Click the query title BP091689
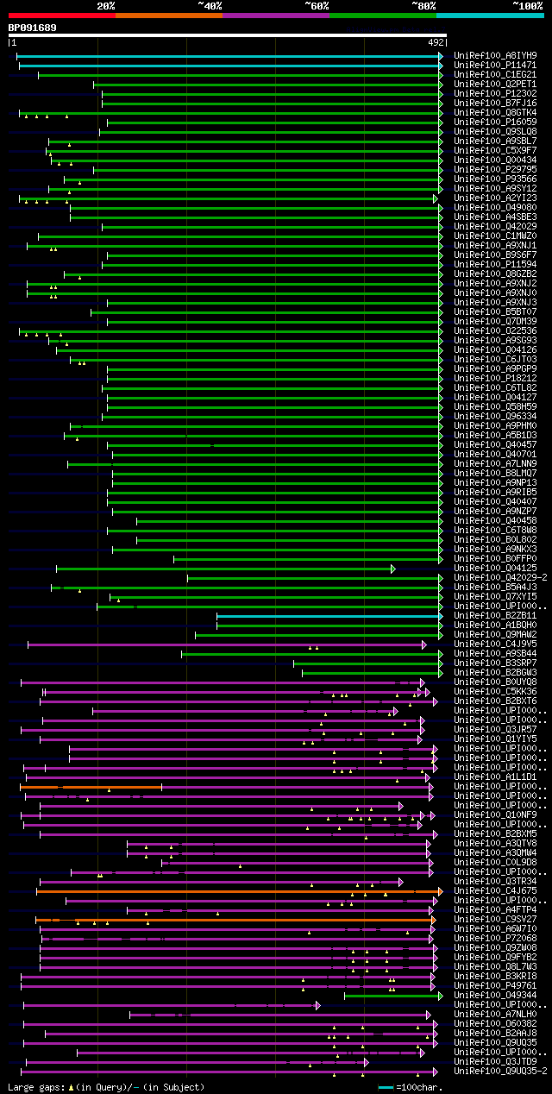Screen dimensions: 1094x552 pyautogui.click(x=32, y=28)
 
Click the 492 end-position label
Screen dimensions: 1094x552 pyautogui.click(x=436, y=41)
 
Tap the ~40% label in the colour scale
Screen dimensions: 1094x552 pyautogui.click(x=210, y=5)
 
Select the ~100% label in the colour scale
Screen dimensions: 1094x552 pyautogui.click(x=527, y=5)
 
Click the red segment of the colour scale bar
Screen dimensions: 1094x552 pyautogui.click(x=60, y=15)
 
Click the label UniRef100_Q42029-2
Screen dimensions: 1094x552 pyautogui.click(x=499, y=578)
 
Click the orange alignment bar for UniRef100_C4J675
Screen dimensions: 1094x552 pyautogui.click(x=233, y=891)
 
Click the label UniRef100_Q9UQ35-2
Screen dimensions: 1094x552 pyautogui.click(x=499, y=1072)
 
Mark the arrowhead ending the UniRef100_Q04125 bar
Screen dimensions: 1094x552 pyautogui.click(x=392, y=569)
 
